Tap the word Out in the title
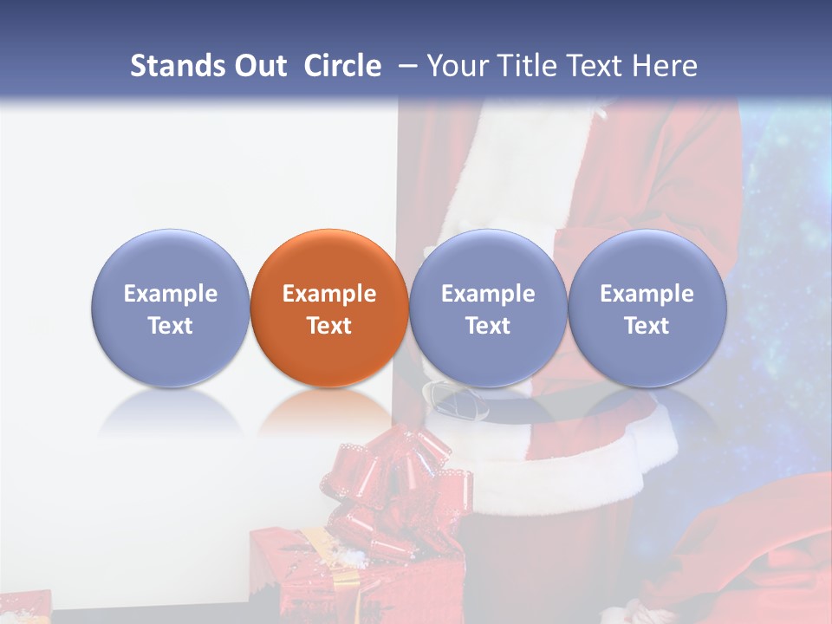[258, 66]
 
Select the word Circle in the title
[342, 66]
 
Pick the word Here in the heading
[666, 66]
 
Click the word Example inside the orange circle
[329, 294]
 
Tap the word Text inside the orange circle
[329, 326]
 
